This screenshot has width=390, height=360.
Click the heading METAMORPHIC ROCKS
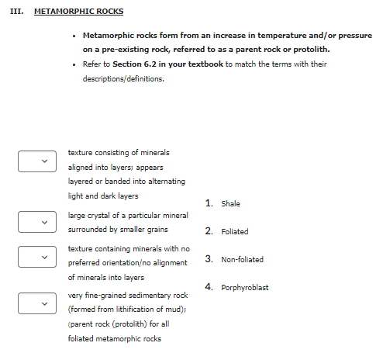pos(79,12)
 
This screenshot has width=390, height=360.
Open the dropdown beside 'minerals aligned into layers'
pos(37,161)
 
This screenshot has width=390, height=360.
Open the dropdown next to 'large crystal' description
pos(37,222)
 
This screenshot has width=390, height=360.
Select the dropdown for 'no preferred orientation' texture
pos(37,256)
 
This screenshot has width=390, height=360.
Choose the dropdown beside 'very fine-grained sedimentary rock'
pos(37,303)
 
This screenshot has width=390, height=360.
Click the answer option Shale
pos(230,204)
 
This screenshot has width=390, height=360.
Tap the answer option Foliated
pos(234,232)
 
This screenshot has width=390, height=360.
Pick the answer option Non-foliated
pos(242,260)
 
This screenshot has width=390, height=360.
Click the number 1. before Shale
pos(209,203)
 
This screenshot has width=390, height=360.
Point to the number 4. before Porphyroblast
pos(209,287)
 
